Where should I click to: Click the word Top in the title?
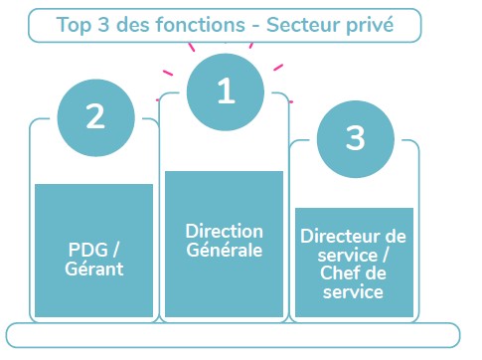click(74, 25)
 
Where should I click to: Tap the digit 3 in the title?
click(103, 25)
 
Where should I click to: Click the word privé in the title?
click(370, 25)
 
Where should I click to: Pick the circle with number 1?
click(226, 91)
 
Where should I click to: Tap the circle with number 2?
click(95, 117)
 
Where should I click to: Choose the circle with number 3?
click(356, 139)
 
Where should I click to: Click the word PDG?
click(88, 250)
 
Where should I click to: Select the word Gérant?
click(94, 269)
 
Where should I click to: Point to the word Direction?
click(225, 231)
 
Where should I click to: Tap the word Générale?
click(225, 250)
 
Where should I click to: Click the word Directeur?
click(341, 237)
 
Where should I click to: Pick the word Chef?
click(335, 273)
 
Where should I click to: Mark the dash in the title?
click(255, 26)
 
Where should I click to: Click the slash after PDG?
click(115, 250)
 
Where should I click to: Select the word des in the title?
click(132, 25)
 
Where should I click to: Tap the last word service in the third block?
click(353, 292)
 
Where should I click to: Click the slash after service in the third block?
click(386, 256)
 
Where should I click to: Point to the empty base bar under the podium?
click(234, 335)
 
